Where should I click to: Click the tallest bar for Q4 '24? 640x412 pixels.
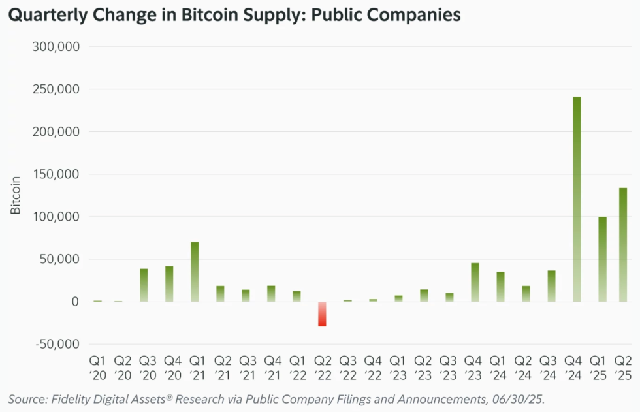pos(577,199)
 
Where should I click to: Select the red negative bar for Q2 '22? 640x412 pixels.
pos(322,314)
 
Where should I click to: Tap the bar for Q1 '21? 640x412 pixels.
pos(195,272)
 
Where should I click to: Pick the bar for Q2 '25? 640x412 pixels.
pos(623,245)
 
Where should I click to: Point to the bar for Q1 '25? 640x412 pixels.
pos(602,259)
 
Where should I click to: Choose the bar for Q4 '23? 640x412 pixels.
pos(475,282)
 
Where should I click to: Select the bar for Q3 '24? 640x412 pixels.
pos(551,286)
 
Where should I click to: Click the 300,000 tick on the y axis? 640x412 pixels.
pos(61,47)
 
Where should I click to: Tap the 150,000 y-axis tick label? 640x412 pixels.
pos(61,174)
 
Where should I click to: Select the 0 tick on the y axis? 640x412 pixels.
pos(76,302)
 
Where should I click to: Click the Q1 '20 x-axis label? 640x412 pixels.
pos(97,368)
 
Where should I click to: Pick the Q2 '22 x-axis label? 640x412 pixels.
pos(322,368)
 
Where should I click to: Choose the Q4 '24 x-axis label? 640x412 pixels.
pos(577,368)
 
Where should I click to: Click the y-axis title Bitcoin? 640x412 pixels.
pos(16,195)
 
